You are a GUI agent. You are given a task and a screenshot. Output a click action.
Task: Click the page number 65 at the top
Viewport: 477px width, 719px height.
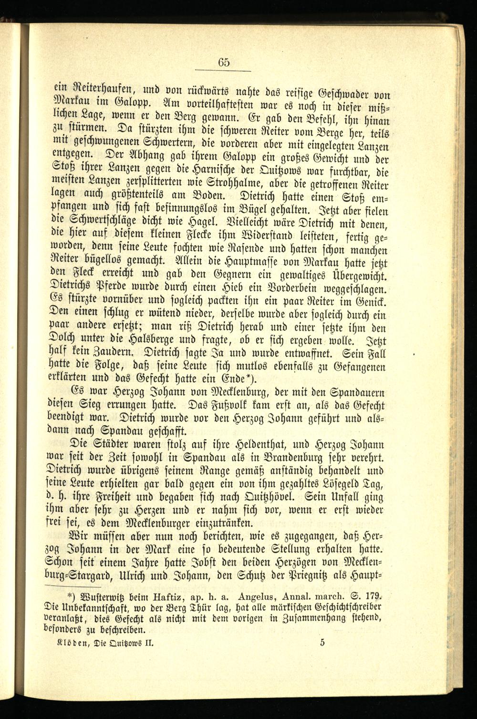[x=224, y=62]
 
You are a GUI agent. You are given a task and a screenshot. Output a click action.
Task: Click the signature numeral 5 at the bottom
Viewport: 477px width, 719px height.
[x=323, y=642]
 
